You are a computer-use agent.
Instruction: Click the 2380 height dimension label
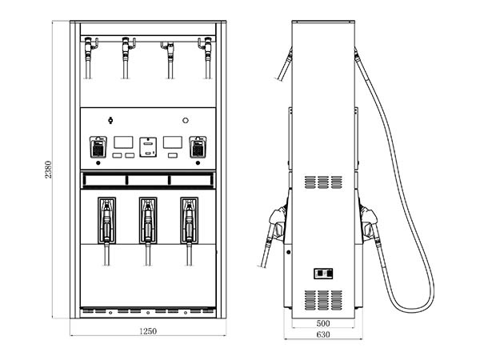coord(48,170)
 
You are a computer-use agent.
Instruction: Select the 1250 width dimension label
coord(148,331)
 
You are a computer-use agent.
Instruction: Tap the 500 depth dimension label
coord(323,323)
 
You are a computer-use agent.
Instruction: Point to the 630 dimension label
coord(323,334)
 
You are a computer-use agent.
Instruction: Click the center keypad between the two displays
coord(148,147)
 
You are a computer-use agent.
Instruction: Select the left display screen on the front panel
coord(124,142)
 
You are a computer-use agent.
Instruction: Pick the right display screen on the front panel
coord(173,142)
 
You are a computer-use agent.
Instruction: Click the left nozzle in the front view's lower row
coord(106,221)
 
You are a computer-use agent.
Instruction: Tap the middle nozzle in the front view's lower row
coord(148,221)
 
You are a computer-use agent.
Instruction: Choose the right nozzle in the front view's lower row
coord(189,221)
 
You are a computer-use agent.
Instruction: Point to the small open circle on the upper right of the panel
coord(186,121)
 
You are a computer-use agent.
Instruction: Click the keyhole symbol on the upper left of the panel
coord(110,120)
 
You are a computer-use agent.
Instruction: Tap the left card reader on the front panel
coord(98,147)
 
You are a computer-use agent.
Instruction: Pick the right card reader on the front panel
coord(198,147)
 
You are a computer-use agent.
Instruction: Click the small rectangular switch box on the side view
coord(323,273)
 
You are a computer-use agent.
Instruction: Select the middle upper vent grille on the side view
coord(323,182)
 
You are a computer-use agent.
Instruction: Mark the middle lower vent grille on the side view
coord(323,300)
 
